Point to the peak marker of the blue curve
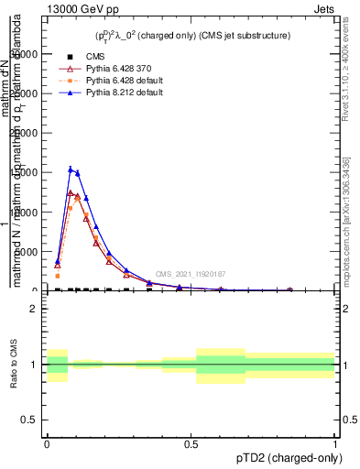click(71, 169)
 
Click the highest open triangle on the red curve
click(71, 192)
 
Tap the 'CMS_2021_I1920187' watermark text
click(190, 274)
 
